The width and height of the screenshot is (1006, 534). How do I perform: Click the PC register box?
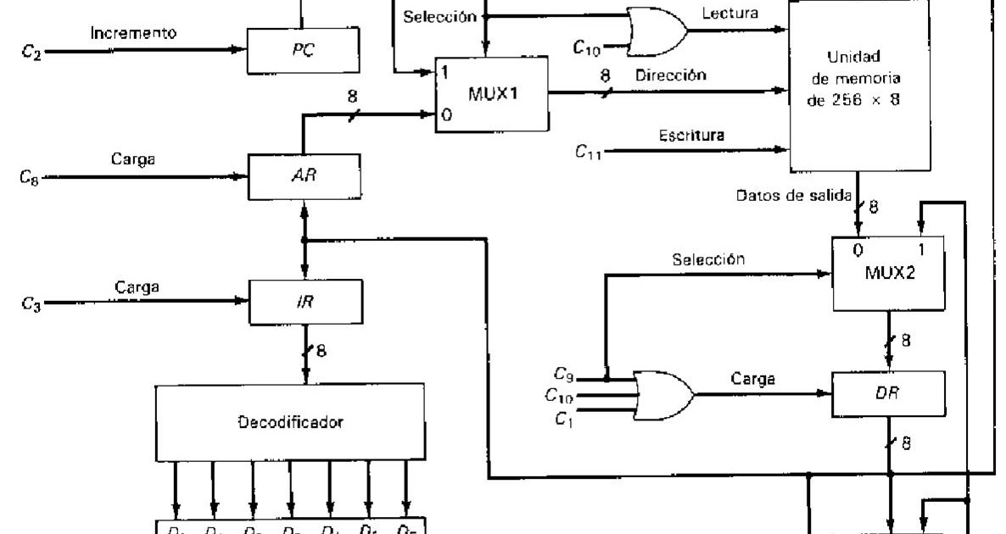(303, 51)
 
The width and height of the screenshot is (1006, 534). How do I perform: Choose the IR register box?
(303, 301)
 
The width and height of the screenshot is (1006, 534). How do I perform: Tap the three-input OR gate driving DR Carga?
(662, 394)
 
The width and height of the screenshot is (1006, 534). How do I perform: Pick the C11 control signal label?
(588, 152)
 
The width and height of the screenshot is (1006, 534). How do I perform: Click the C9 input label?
(563, 373)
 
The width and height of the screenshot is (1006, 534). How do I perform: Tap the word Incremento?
(134, 34)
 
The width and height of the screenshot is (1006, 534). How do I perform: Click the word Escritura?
(691, 136)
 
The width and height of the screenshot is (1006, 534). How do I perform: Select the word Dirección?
(670, 75)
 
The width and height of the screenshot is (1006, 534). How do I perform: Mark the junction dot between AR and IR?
(304, 240)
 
